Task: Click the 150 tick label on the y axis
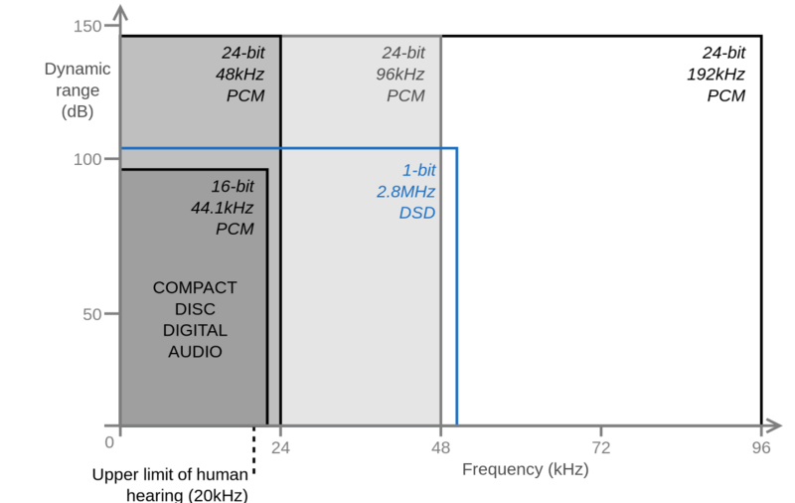pyautogui.click(x=87, y=26)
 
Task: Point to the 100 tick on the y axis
pyautogui.click(x=111, y=159)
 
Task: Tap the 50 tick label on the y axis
pyautogui.click(x=92, y=314)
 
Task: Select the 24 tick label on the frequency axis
pyautogui.click(x=280, y=447)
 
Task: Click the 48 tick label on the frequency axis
pyautogui.click(x=440, y=447)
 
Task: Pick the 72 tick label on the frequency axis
pyautogui.click(x=601, y=447)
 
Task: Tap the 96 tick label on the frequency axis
pyautogui.click(x=761, y=447)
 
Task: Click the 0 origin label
pyautogui.click(x=109, y=442)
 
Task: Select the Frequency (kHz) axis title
pyautogui.click(x=526, y=469)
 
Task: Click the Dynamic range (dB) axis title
pyautogui.click(x=78, y=90)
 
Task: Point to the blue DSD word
pyautogui.click(x=416, y=213)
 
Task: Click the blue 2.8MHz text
pyautogui.click(x=405, y=192)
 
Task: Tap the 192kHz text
pyautogui.click(x=715, y=75)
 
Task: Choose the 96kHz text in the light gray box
pyautogui.click(x=400, y=75)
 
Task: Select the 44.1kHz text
pyautogui.click(x=222, y=208)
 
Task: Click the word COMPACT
pyautogui.click(x=195, y=288)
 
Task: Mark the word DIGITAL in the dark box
pyautogui.click(x=195, y=331)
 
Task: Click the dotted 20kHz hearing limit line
pyautogui.click(x=254, y=450)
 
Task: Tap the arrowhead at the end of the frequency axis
pyautogui.click(x=772, y=425)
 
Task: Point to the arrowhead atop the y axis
pyautogui.click(x=120, y=13)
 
